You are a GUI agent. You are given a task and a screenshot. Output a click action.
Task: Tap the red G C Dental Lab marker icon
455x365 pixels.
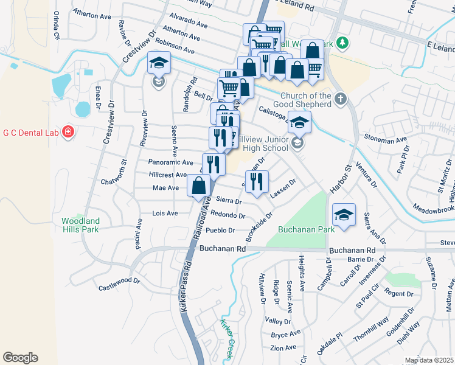coord(68,131)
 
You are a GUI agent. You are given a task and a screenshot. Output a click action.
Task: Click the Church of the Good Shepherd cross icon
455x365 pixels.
coord(341,97)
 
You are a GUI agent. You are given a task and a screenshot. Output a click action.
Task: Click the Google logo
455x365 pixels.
coord(19,358)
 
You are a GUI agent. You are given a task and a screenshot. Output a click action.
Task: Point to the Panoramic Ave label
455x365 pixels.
coord(170,162)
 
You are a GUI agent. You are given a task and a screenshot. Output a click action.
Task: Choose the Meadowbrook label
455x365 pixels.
coord(432,209)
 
